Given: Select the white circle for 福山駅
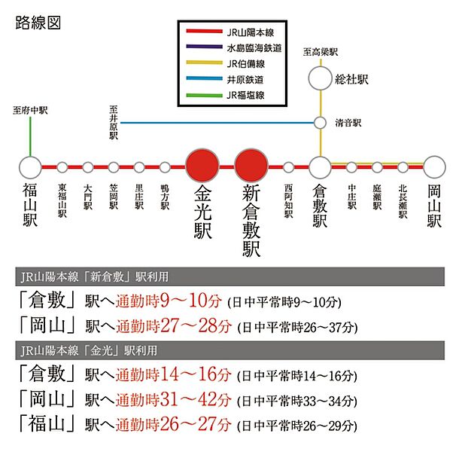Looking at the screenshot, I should pyautogui.click(x=31, y=167).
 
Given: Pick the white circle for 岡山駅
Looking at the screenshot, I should pyautogui.click(x=434, y=167).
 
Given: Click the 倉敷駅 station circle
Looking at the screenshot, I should pyautogui.click(x=321, y=167).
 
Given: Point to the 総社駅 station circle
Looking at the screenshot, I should pyautogui.click(x=321, y=78).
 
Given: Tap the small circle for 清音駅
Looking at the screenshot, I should pyautogui.click(x=321, y=122).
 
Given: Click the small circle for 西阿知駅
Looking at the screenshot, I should pyautogui.click(x=289, y=167).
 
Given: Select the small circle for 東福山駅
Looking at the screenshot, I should pyautogui.click(x=62, y=167).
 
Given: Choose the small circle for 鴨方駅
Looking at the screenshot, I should pyautogui.click(x=165, y=167).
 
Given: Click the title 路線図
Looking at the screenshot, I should pyautogui.click(x=38, y=23).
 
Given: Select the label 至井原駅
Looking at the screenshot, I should pyautogui.click(x=114, y=122).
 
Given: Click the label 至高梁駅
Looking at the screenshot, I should pyautogui.click(x=321, y=52).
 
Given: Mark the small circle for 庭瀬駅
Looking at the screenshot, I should pyautogui.click(x=377, y=167).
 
